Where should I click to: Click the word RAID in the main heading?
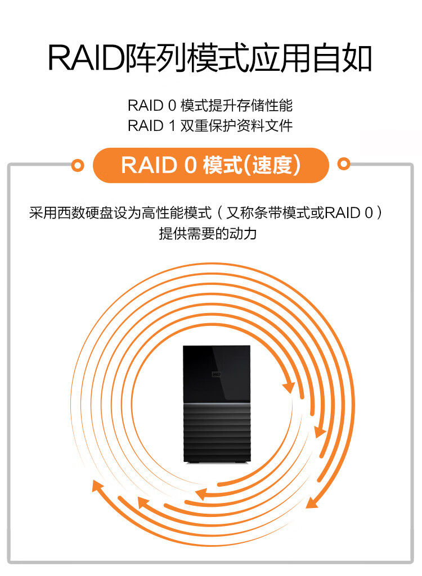point(87,58)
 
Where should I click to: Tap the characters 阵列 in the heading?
point(156,58)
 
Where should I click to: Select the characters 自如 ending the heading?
point(342,58)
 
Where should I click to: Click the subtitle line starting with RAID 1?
point(210,126)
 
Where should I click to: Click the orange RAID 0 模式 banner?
point(211,165)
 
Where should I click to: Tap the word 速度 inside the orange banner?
point(272,165)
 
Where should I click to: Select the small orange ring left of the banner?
point(78,166)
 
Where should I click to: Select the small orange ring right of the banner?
point(344,164)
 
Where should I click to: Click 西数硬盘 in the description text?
point(85,212)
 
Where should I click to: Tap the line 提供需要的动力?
point(208,233)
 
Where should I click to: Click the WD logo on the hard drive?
point(216,374)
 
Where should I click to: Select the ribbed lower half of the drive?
point(217,432)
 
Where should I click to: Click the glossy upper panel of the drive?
point(217,373)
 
